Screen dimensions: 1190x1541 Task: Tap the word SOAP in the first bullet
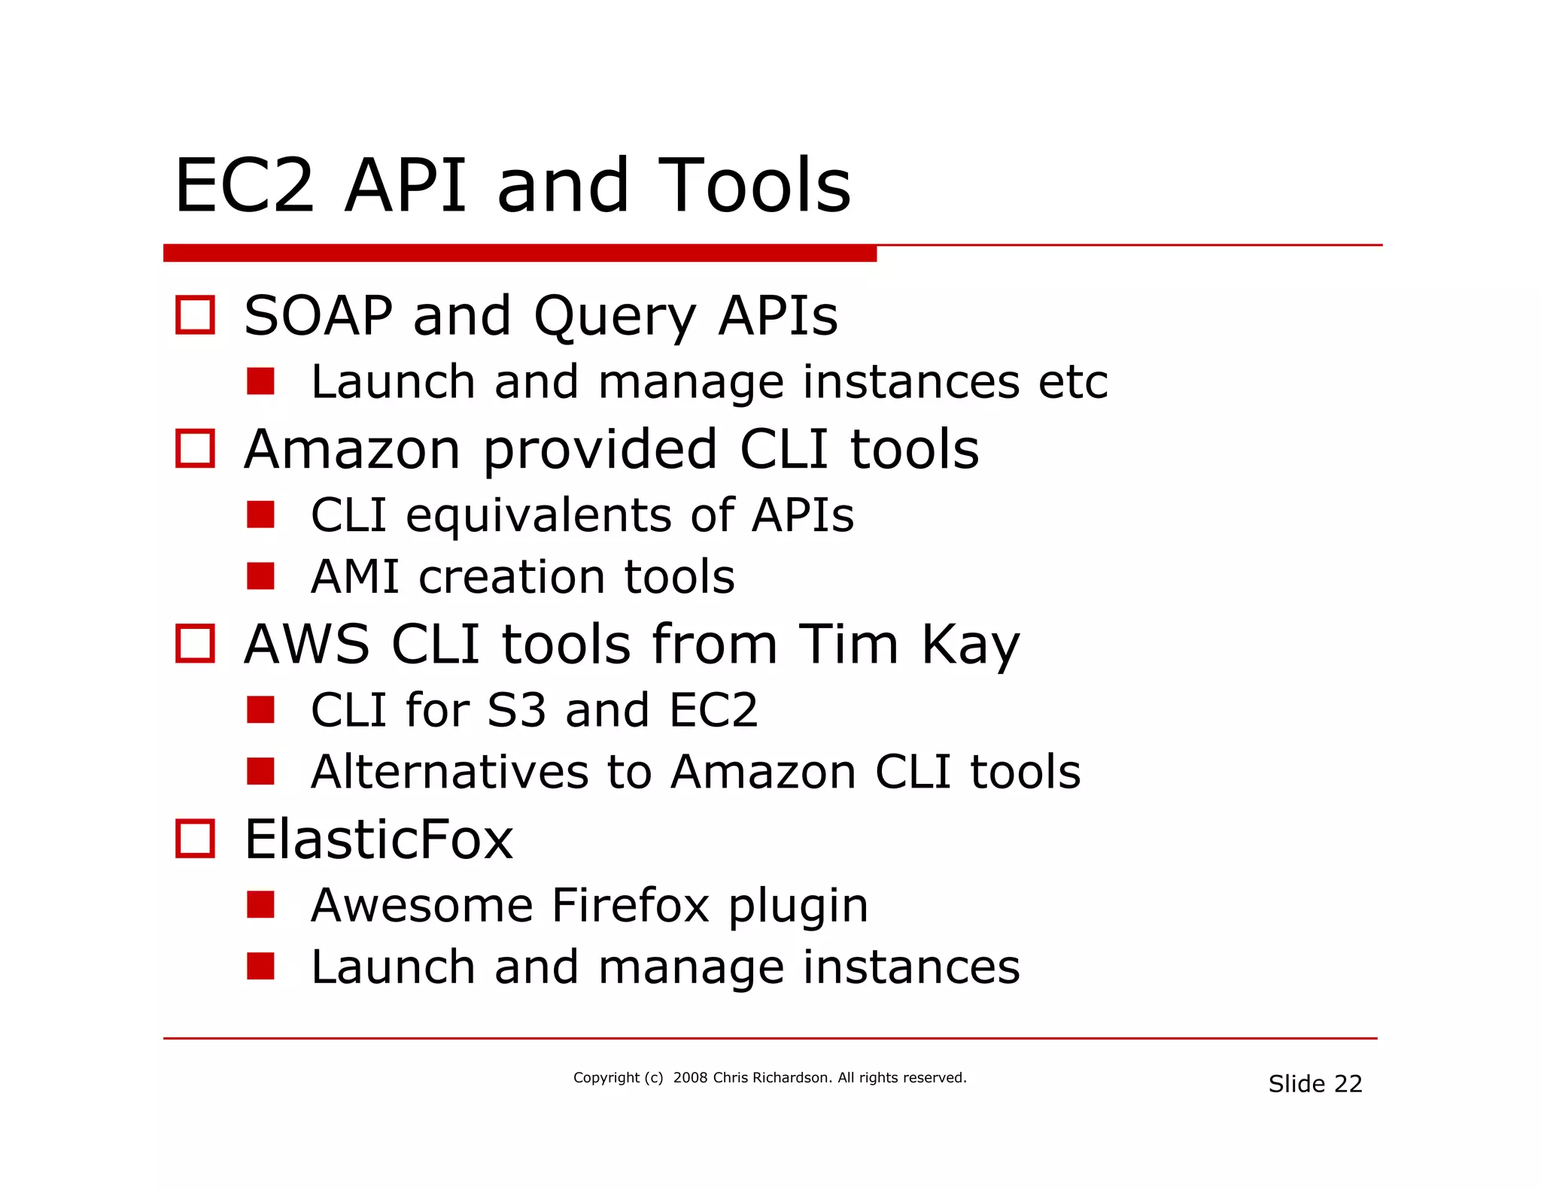318,316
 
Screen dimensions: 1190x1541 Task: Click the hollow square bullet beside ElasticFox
195,839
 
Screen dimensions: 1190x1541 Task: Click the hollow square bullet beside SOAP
195,314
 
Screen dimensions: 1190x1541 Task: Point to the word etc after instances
1072,382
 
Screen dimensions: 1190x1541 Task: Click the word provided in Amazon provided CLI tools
600,451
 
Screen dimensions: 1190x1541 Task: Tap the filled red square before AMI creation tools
260,576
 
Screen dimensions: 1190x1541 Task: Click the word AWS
307,645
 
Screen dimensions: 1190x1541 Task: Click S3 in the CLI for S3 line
516,710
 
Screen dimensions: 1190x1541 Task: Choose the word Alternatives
449,772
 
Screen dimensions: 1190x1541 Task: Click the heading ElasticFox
378,839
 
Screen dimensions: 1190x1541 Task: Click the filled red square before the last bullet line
260,967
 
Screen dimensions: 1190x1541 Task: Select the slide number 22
1348,1084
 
